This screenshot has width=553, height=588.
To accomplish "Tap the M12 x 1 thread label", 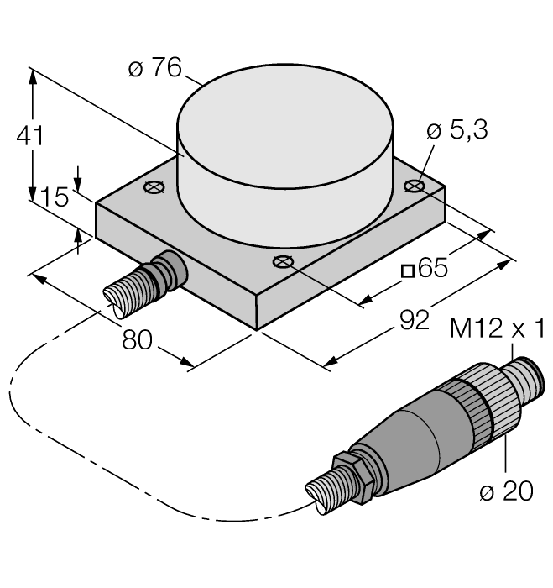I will [x=498, y=326].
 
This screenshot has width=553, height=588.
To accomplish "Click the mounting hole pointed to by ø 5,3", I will [x=412, y=186].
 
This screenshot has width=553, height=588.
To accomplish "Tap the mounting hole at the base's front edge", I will [x=283, y=262].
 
